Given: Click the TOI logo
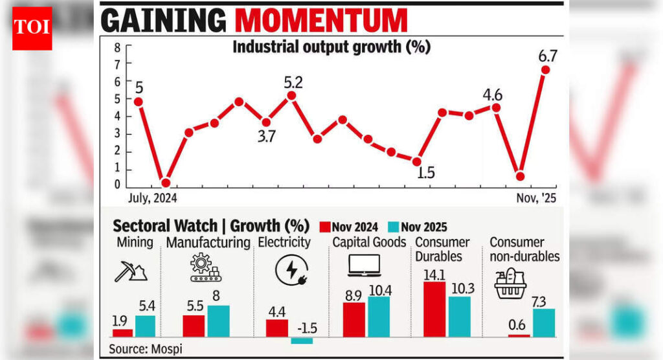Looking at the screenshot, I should [x=32, y=29].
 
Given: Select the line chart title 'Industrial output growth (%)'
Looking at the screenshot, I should [x=331, y=47].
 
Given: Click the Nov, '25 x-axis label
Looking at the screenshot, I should [x=535, y=197].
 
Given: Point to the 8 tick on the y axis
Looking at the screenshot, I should [x=117, y=48].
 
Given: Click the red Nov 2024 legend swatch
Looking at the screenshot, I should [x=325, y=227].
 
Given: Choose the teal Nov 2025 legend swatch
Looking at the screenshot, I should [x=393, y=227].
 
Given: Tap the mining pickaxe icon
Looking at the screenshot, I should [x=131, y=271].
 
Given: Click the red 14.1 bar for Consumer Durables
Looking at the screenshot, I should [x=434, y=309].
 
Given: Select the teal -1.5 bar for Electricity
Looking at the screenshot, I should [x=302, y=341].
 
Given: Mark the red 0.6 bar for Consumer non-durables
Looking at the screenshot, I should [x=518, y=336].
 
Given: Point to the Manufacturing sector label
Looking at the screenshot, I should [x=208, y=243].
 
